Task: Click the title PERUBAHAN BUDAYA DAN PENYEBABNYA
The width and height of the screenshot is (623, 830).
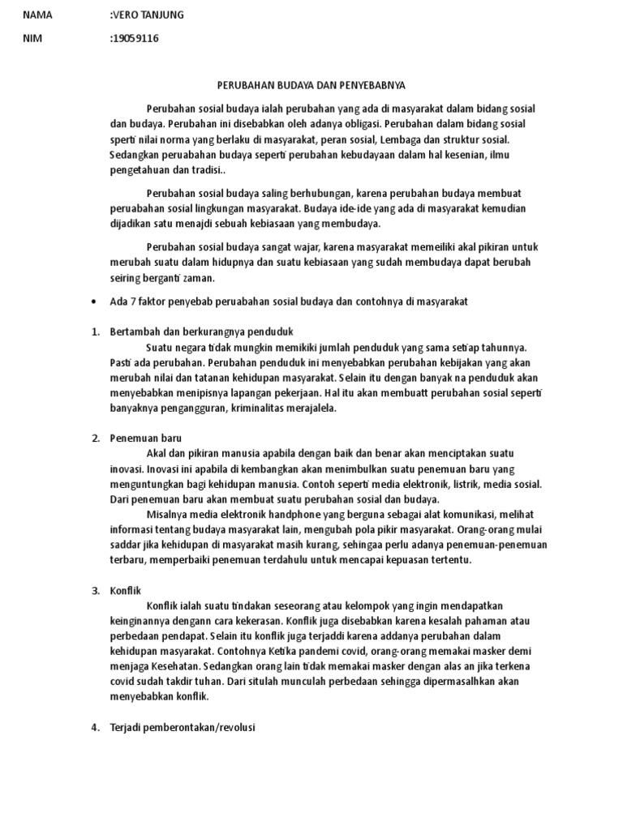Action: click(311, 84)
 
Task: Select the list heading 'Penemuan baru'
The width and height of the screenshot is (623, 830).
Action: click(146, 439)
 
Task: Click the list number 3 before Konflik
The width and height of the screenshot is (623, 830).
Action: click(94, 590)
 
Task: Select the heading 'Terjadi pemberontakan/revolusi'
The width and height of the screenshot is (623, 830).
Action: click(183, 727)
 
